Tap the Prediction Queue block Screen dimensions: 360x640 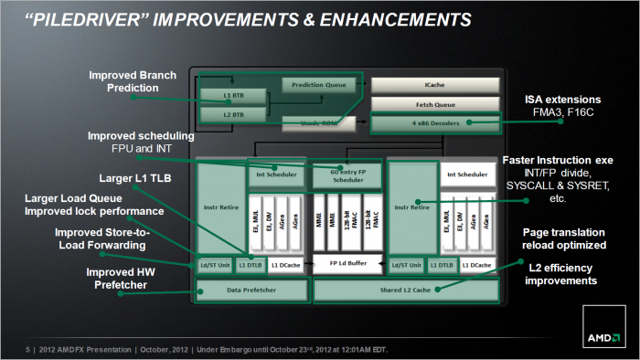click(317, 85)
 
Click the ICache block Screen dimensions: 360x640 click(435, 85)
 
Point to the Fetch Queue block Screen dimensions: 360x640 click(435, 104)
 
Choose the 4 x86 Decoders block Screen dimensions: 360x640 click(435, 122)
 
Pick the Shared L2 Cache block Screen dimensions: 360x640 click(407, 290)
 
